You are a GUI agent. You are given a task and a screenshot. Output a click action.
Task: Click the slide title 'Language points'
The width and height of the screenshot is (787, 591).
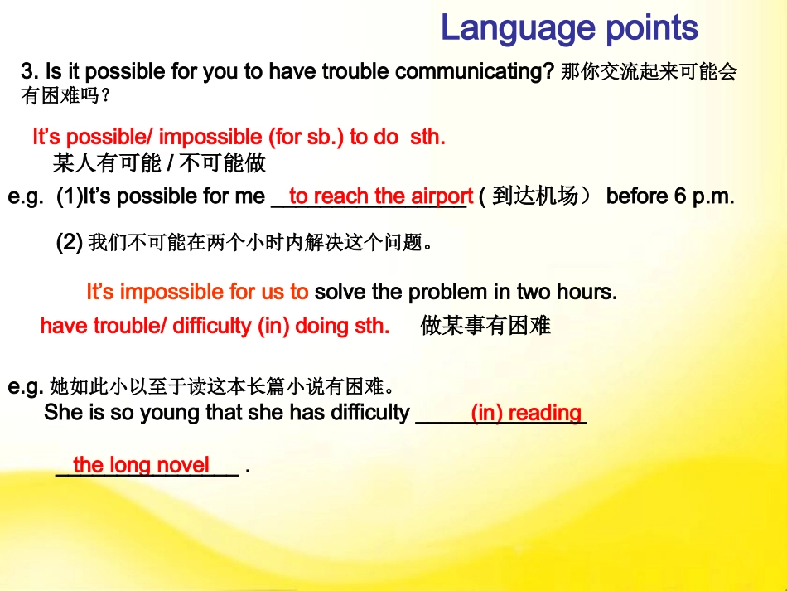(x=569, y=28)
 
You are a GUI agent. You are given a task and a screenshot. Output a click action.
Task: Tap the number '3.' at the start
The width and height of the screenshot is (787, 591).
(x=30, y=72)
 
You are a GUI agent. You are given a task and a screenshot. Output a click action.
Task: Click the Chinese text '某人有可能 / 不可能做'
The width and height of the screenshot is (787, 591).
(x=159, y=162)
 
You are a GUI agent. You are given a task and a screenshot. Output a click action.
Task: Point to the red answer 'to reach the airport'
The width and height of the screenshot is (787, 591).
(x=380, y=197)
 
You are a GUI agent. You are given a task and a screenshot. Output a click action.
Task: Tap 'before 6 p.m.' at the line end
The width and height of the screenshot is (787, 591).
(x=669, y=197)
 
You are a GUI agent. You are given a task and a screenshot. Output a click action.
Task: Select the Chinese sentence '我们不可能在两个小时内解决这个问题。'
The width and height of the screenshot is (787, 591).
(x=260, y=243)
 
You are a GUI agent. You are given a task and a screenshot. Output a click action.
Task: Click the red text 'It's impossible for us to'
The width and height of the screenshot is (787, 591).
(x=197, y=293)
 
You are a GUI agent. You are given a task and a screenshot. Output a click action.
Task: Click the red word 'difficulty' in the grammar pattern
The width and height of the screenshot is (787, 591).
(x=212, y=327)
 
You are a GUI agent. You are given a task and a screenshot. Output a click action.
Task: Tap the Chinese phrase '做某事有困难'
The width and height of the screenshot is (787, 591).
(x=485, y=327)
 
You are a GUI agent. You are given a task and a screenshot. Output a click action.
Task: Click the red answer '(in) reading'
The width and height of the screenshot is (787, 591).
(x=526, y=413)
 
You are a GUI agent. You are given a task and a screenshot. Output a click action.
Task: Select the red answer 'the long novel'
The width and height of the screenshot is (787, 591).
(x=141, y=465)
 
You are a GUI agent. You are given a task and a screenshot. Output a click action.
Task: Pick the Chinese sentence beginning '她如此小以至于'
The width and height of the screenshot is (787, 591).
(x=221, y=387)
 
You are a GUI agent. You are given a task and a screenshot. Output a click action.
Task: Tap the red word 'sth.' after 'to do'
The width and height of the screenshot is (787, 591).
(x=427, y=138)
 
